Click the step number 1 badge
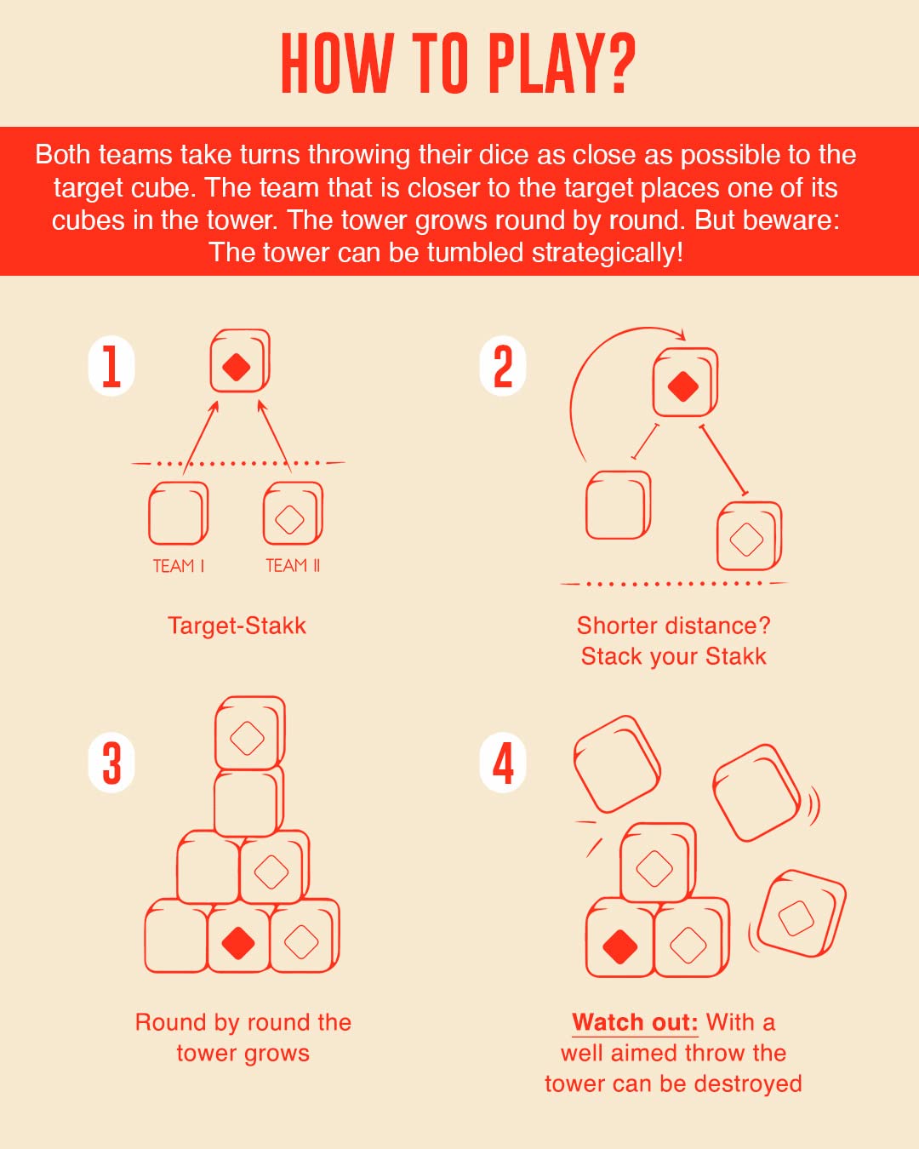coord(111,366)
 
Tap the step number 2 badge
coord(503,366)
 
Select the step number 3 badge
coord(111,762)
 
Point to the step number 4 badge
coord(503,762)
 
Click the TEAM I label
coord(179,566)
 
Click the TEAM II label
coord(293,565)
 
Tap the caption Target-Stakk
coord(237,626)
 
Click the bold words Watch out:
coord(635,1022)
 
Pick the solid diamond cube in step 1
coord(240,360)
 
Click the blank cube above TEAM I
coord(178,513)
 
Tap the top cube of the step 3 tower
coord(249,733)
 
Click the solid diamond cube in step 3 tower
coord(238,938)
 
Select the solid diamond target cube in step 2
coord(685,382)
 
